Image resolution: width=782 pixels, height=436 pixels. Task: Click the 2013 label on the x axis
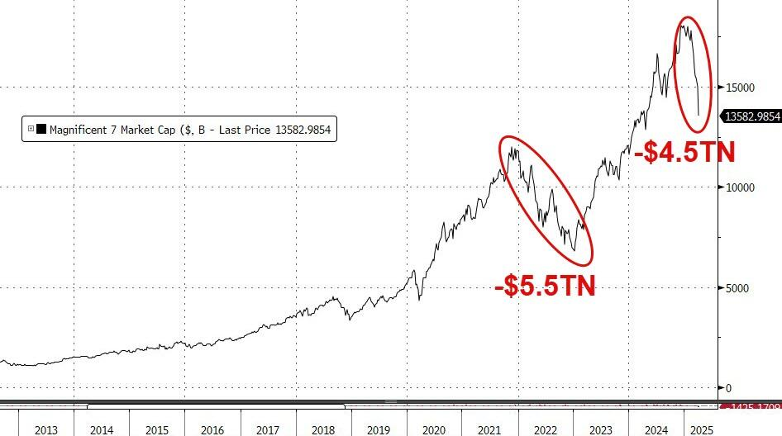coord(45,429)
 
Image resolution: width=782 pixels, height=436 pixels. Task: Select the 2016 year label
coord(212,429)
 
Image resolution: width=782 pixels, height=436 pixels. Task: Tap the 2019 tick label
coord(379,429)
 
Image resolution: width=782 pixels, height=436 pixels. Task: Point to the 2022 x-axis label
coord(546,429)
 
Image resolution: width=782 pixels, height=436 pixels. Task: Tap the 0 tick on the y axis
coord(727,388)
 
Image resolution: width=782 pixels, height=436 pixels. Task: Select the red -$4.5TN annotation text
coord(683,153)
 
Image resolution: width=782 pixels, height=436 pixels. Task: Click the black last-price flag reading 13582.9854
coord(752,116)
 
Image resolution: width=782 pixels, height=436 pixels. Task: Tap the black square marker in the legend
coord(41,130)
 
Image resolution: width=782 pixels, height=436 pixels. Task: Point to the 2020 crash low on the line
coord(420,299)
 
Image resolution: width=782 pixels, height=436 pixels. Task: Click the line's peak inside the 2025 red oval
coord(684,26)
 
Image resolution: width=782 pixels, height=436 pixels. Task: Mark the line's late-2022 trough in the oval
coord(575,250)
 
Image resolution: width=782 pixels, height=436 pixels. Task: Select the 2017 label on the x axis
coord(267,429)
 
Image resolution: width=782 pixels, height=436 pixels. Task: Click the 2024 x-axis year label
coord(656,429)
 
